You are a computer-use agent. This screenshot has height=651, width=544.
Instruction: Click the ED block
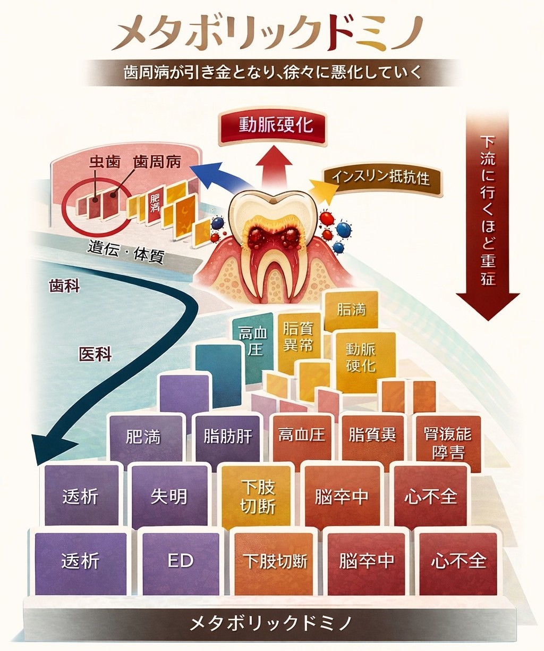tap(181, 562)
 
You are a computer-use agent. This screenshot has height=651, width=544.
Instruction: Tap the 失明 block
tap(169, 497)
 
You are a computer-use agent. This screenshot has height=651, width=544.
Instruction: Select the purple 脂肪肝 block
tap(228, 437)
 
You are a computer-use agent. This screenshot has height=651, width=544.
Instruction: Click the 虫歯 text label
tap(104, 162)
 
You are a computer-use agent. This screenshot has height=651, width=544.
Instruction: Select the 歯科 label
tap(64, 286)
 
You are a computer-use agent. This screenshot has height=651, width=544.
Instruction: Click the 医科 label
tap(95, 354)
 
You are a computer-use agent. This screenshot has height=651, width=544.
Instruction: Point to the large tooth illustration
tap(273, 239)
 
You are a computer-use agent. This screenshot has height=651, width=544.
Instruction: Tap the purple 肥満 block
tap(143, 437)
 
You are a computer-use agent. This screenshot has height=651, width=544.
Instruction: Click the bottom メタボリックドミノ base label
tap(271, 623)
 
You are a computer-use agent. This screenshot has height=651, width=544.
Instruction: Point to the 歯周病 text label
tap(157, 162)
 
